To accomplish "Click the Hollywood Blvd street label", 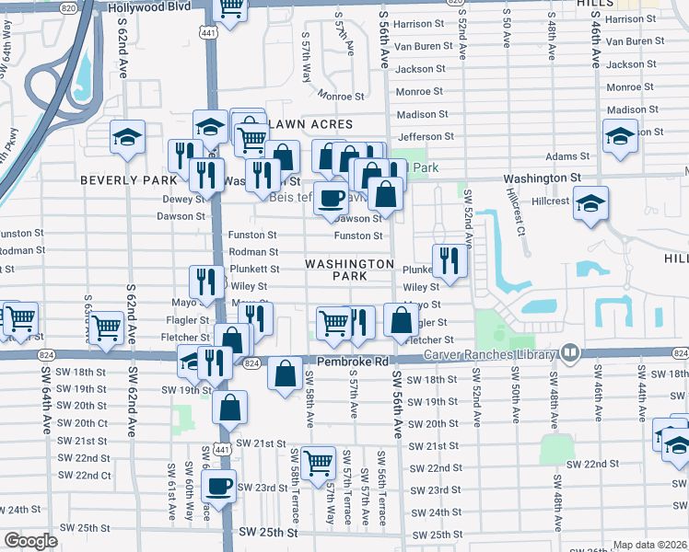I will pyautogui.click(x=146, y=7).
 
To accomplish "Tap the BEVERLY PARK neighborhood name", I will pyautogui.click(x=126, y=180).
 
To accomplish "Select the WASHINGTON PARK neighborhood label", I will pyautogui.click(x=349, y=270).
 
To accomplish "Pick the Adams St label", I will pyautogui.click(x=566, y=156).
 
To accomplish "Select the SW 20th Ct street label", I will pyautogui.click(x=82, y=423).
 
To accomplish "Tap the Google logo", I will pyautogui.click(x=30, y=541).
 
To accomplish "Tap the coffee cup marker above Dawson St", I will pyautogui.click(x=332, y=196).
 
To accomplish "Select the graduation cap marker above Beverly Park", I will pyautogui.click(x=127, y=137).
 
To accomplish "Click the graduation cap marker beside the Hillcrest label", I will pyautogui.click(x=589, y=202).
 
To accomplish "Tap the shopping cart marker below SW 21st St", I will pyautogui.click(x=319, y=462).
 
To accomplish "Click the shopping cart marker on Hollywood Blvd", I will pyautogui.click(x=230, y=8).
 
